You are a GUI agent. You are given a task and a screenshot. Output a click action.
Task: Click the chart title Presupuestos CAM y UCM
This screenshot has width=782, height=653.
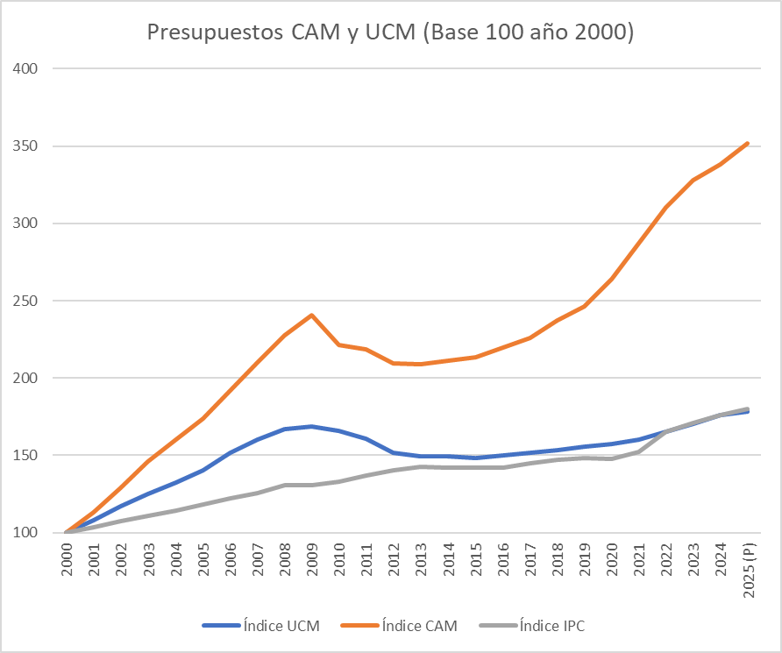[390, 33]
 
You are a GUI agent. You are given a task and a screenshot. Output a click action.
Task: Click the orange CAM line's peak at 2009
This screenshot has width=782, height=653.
[312, 316]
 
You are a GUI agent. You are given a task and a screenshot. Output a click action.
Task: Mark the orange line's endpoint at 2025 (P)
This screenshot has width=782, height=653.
[748, 143]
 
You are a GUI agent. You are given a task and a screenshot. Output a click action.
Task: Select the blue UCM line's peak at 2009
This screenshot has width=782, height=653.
[312, 427]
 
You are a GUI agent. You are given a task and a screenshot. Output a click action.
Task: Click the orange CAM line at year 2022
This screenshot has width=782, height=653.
[666, 208]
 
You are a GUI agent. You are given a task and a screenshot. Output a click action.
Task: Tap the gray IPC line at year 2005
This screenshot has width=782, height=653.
[203, 504]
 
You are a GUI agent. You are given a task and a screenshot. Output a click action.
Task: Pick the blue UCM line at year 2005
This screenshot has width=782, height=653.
[203, 471]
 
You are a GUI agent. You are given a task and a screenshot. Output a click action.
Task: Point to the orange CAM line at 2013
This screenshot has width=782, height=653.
[421, 364]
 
